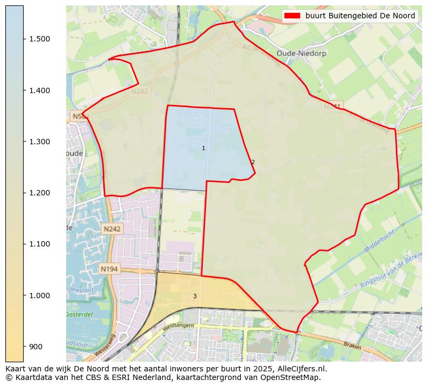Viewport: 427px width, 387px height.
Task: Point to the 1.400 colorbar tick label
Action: (x=39, y=90)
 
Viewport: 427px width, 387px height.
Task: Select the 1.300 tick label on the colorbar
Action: (x=39, y=142)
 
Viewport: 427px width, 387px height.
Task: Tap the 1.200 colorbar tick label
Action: (x=39, y=193)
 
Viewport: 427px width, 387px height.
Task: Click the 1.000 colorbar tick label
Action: (x=39, y=295)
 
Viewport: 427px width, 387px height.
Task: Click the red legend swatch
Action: (x=293, y=16)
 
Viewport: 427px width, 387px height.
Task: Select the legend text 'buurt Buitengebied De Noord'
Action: (x=360, y=16)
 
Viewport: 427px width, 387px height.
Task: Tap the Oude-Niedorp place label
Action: (x=301, y=53)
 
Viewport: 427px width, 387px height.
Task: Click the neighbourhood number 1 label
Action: (x=203, y=148)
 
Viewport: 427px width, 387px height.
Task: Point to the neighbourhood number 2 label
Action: (x=253, y=162)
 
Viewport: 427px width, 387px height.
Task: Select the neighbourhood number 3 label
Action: (x=195, y=296)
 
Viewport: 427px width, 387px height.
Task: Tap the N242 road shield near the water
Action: (x=112, y=229)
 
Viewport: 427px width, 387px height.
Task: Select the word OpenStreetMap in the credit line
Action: (x=295, y=378)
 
